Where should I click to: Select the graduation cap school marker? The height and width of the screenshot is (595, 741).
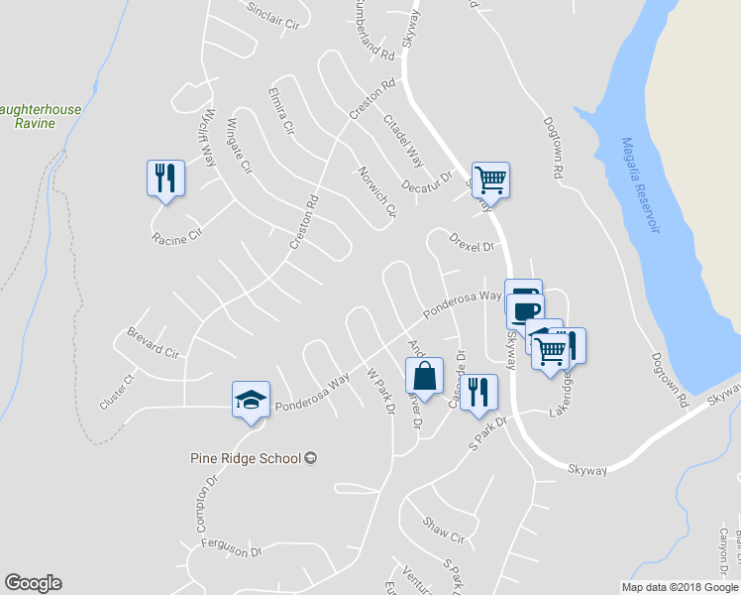(251, 400)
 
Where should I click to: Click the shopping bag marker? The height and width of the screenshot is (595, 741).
(424, 377)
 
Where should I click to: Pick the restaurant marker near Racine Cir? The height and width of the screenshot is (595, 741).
(165, 178)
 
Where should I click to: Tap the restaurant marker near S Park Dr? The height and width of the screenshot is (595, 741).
(478, 392)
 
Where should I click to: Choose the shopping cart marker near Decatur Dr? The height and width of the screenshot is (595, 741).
(490, 180)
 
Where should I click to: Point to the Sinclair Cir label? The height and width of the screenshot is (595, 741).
(272, 19)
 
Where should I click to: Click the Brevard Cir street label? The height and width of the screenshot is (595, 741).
(153, 343)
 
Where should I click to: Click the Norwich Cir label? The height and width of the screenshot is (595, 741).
(376, 191)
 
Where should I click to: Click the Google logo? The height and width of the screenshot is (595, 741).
(33, 583)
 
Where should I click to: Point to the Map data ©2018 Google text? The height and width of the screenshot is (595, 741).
(679, 587)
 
